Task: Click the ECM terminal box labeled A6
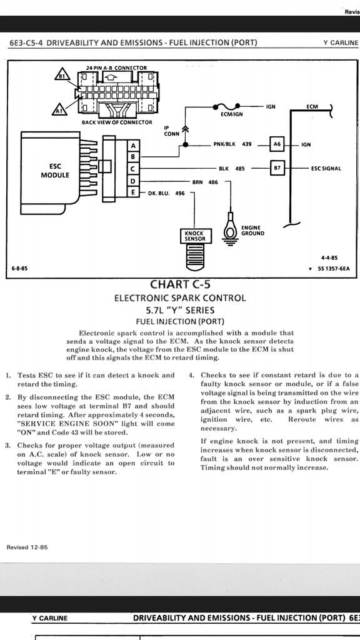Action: (x=277, y=144)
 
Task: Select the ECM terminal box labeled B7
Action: (x=277, y=168)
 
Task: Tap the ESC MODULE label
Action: (x=55, y=171)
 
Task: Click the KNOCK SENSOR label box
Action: (x=196, y=236)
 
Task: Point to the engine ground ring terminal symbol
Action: (x=230, y=231)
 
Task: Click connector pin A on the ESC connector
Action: (x=133, y=145)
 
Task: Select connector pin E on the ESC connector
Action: (x=133, y=192)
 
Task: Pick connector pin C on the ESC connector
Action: (x=133, y=169)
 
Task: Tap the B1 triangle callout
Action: (x=62, y=75)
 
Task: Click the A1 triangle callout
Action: (x=59, y=109)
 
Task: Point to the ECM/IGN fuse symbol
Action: (x=226, y=107)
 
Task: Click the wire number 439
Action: (x=247, y=144)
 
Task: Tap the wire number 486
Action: (x=213, y=182)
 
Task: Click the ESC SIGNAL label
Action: (x=326, y=168)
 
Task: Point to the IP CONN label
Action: (x=171, y=131)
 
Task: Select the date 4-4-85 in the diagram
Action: (x=329, y=257)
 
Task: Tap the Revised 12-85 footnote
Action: (x=27, y=547)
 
